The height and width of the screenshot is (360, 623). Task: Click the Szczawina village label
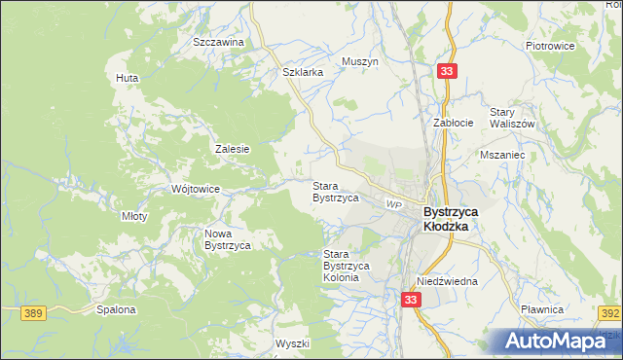(x=217, y=43)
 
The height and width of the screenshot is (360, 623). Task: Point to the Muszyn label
(x=359, y=61)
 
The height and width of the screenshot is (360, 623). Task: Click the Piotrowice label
(x=551, y=46)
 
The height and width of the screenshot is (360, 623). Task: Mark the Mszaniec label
(x=502, y=154)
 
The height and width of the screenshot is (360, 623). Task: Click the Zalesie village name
(x=233, y=149)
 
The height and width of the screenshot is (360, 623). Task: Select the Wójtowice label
(x=196, y=189)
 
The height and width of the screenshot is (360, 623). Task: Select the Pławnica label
(x=569, y=308)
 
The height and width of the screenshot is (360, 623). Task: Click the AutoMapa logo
(x=562, y=342)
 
